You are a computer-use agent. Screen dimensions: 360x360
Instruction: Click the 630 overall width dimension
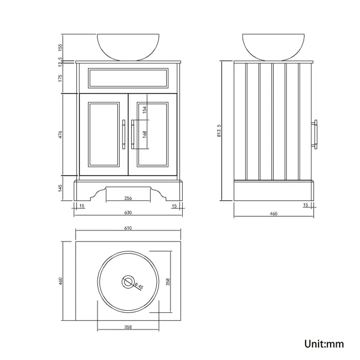(128, 213)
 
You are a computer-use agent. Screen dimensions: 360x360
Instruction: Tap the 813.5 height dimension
(219, 131)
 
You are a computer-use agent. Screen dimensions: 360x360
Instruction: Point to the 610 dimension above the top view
(128, 228)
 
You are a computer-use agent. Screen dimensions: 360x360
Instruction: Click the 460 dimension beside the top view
(62, 281)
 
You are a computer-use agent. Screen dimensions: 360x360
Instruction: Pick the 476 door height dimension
(62, 135)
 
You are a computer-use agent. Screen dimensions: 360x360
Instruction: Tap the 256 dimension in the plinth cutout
(128, 198)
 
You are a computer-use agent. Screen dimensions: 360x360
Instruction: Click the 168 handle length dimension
(145, 136)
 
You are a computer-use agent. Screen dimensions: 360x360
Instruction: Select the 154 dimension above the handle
(145, 110)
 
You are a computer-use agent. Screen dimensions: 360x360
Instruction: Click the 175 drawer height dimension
(62, 78)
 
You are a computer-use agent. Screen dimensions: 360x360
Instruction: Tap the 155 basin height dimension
(62, 47)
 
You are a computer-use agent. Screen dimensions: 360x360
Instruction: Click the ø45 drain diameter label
(140, 286)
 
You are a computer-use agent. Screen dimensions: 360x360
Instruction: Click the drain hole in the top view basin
(128, 282)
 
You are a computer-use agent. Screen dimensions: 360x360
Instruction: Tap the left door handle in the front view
(123, 135)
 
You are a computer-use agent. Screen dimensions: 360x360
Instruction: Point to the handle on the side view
(315, 135)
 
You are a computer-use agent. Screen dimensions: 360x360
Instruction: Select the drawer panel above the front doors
(128, 78)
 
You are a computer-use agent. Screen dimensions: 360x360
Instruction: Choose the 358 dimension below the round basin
(128, 327)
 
